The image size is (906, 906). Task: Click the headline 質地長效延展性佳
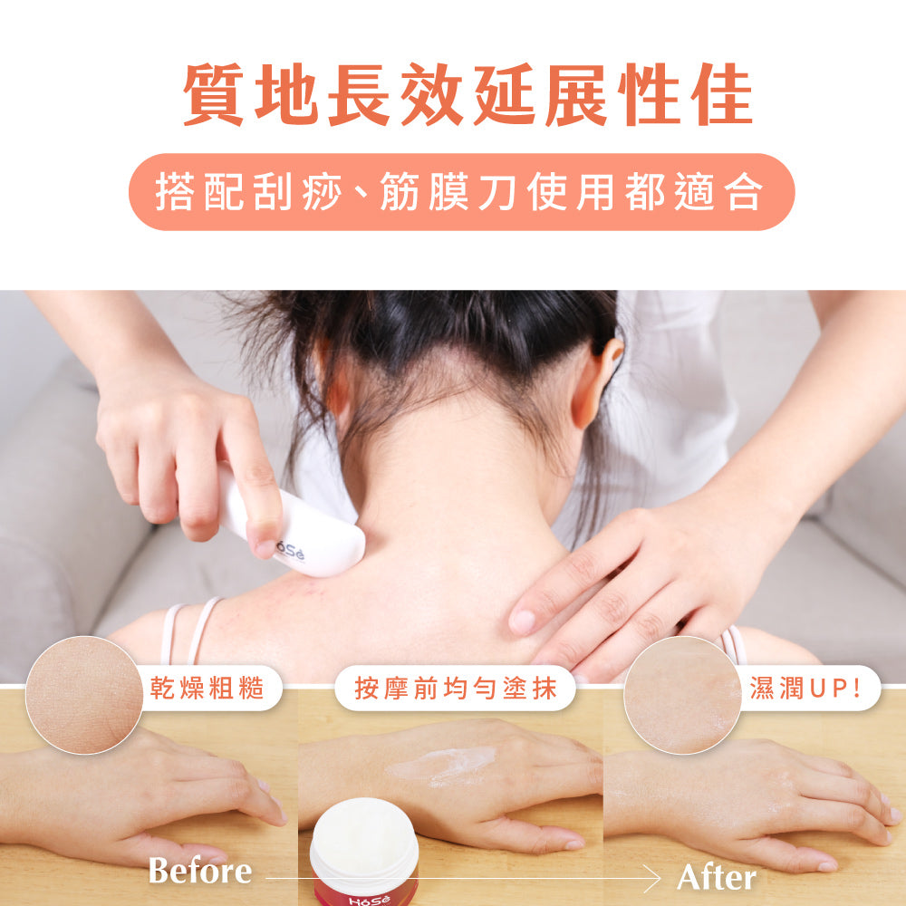click(x=467, y=95)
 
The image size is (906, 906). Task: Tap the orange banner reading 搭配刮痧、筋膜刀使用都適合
click(x=462, y=192)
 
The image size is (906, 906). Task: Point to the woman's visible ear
click(x=596, y=381)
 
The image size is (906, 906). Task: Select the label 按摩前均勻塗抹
click(x=456, y=689)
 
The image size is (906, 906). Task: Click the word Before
click(x=200, y=870)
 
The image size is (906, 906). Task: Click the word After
click(x=717, y=878)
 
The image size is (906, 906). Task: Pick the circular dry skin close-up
click(x=84, y=695)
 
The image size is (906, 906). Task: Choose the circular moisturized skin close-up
click(x=682, y=695)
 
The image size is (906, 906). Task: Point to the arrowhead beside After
click(x=653, y=879)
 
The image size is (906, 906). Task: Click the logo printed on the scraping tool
click(x=290, y=551)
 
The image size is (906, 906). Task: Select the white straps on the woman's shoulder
click(x=189, y=631)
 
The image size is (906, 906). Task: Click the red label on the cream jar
click(x=364, y=893)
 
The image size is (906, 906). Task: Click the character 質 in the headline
click(x=213, y=95)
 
